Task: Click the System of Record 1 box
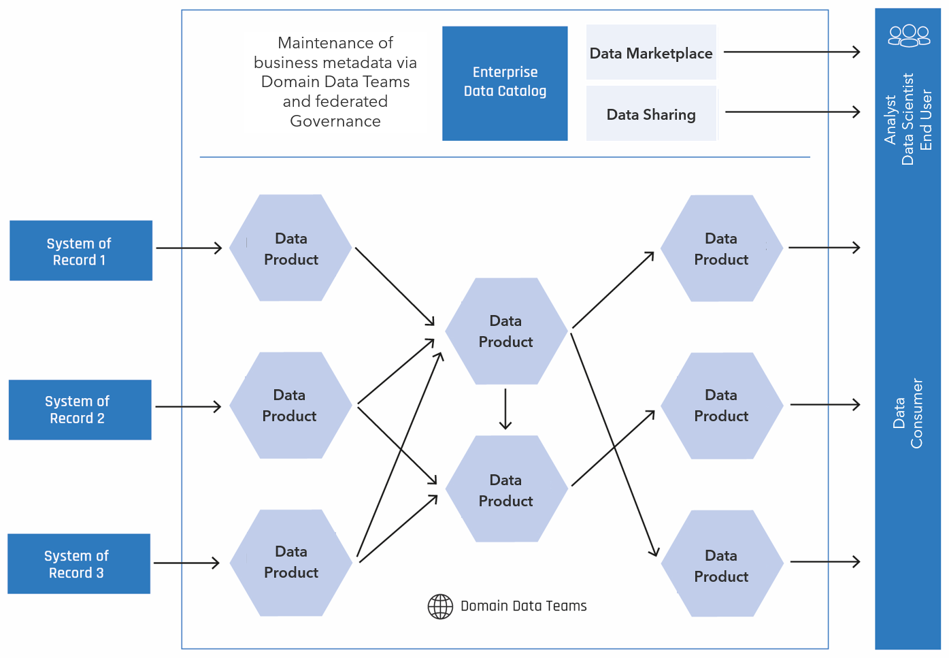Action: (x=81, y=250)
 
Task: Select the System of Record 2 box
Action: (x=80, y=410)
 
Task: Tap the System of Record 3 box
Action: (x=79, y=563)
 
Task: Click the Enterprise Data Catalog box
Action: (x=505, y=84)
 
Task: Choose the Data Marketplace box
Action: (x=651, y=52)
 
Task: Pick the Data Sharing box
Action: (x=651, y=113)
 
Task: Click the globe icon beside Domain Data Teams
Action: (x=440, y=606)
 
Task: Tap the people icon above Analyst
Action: (x=909, y=35)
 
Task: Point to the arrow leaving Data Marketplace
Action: (x=792, y=52)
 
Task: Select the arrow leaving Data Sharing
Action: (x=793, y=112)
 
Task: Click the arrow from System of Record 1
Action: (x=189, y=248)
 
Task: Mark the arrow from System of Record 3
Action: (x=186, y=563)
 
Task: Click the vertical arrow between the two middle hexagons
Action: (x=505, y=409)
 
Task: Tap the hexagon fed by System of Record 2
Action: (x=290, y=405)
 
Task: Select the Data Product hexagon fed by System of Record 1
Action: (x=290, y=248)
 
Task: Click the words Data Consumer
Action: (x=907, y=414)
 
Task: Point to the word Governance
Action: (x=335, y=121)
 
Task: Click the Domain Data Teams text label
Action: (x=524, y=606)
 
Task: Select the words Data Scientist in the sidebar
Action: (x=908, y=119)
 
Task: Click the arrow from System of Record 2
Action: (x=188, y=407)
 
